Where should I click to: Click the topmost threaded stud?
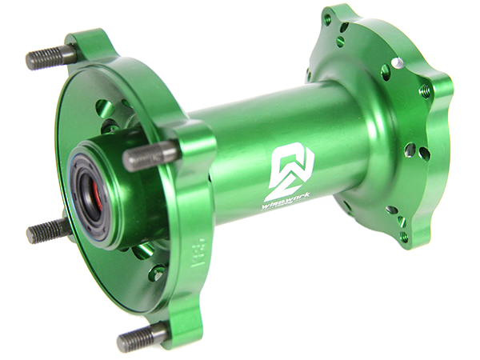tap(50, 58)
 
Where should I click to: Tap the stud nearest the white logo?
tap(148, 154)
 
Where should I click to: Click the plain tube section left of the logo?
tap(232, 152)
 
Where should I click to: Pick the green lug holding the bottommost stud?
tap(172, 328)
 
